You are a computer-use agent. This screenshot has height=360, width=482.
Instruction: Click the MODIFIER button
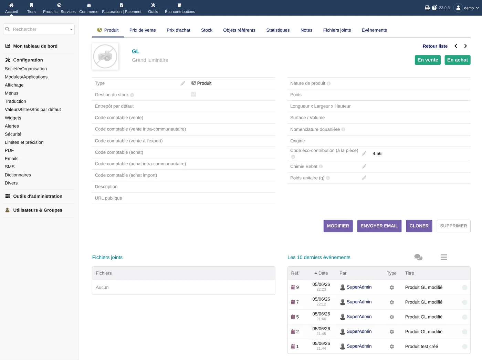(338, 226)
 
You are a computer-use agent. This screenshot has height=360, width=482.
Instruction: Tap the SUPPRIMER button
(453, 226)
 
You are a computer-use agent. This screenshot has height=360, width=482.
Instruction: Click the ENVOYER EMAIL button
(379, 226)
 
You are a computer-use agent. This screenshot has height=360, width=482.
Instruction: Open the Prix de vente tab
(143, 30)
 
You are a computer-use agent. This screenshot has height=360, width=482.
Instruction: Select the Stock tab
(207, 30)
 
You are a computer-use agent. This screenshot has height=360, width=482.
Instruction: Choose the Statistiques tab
(278, 30)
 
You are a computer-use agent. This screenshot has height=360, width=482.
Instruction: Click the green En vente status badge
(428, 60)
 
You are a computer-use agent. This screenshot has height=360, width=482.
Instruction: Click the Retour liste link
(435, 46)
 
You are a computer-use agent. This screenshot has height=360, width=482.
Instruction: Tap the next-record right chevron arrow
(465, 46)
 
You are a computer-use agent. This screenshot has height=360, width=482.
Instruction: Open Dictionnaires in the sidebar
(18, 175)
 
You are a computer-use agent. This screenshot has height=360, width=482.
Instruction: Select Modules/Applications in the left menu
(26, 77)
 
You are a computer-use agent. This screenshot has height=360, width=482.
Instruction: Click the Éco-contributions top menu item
(180, 8)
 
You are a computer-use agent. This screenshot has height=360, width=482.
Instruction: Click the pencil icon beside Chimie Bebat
(364, 166)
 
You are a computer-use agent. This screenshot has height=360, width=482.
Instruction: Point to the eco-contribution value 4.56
(377, 153)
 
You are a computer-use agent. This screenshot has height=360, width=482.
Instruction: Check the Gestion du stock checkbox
(193, 94)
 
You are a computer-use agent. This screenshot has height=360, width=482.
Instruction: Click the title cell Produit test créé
(421, 346)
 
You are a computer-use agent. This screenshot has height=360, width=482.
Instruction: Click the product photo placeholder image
(105, 56)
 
